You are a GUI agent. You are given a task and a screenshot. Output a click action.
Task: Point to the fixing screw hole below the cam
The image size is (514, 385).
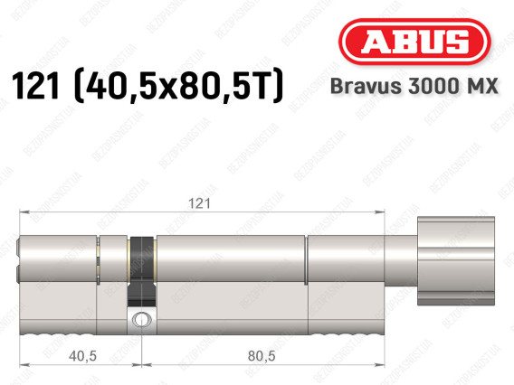140,318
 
